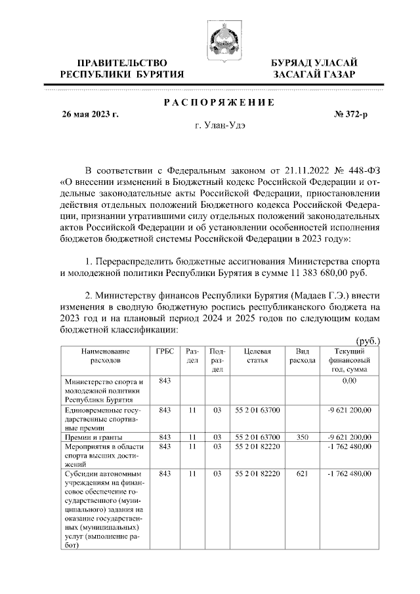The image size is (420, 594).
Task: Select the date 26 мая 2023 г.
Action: click(90, 114)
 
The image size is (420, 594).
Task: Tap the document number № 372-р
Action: click(351, 114)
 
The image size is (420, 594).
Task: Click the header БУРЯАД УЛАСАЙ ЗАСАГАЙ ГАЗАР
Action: click(315, 69)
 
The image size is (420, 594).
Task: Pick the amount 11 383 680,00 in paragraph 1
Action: click(314, 273)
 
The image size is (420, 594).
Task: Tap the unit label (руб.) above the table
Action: click(368, 342)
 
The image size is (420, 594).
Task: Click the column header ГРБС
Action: click(165, 351)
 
